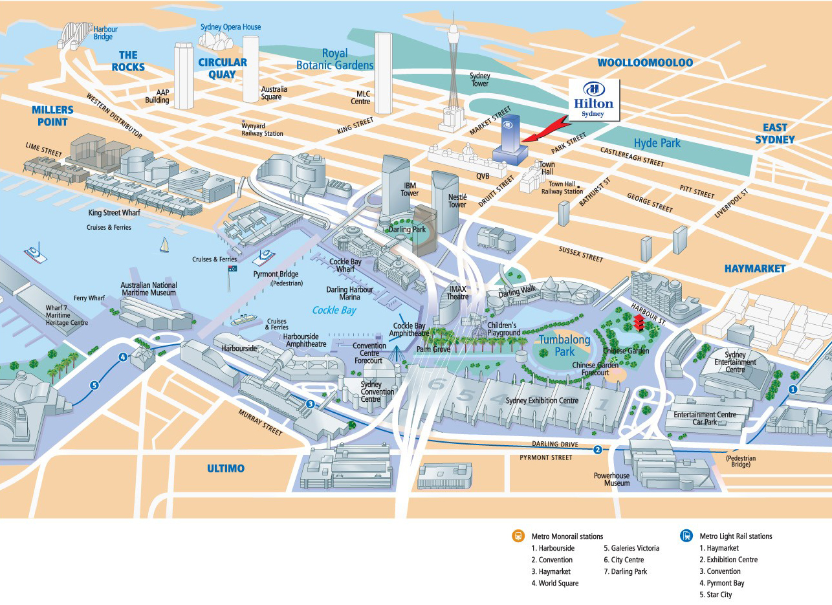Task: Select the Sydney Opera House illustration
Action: click(x=216, y=41)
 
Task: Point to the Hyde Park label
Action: click(x=657, y=142)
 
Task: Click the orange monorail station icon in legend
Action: click(x=518, y=536)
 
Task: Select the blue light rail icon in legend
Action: click(x=686, y=536)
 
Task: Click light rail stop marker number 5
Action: click(x=94, y=386)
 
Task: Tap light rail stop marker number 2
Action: click(x=597, y=450)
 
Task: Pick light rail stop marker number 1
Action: click(x=793, y=389)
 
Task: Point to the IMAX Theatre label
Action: click(x=457, y=292)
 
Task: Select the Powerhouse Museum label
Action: click(x=611, y=479)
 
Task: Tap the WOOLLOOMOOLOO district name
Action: click(x=644, y=63)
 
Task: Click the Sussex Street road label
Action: click(x=580, y=253)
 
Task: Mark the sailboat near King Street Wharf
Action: click(x=164, y=245)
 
